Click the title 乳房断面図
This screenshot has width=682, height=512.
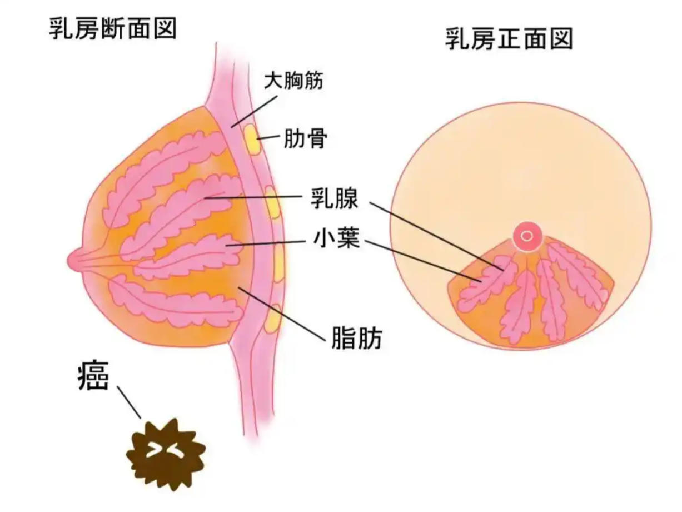113,28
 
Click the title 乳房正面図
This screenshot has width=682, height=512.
509,39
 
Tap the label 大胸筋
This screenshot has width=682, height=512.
293,80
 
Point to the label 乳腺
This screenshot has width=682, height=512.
335,197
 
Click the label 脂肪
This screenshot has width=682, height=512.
357,337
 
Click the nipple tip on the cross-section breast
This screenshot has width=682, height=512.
69,260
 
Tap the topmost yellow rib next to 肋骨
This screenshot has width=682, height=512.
251,139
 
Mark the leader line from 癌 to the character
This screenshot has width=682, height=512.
128,402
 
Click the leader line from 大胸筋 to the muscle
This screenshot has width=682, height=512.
254,112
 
